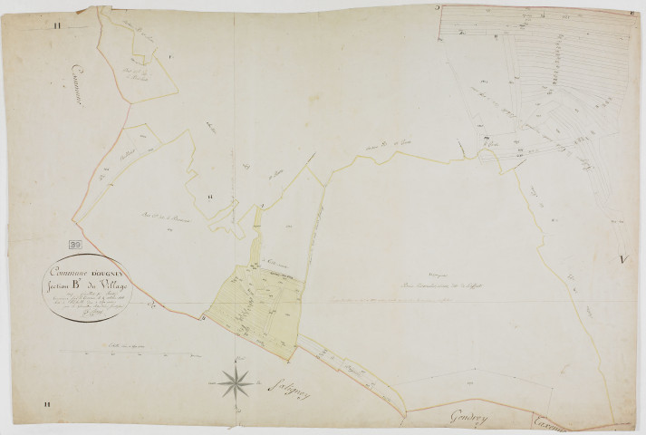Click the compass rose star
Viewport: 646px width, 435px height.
point(235,382)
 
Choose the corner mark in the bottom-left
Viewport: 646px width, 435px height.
point(56,404)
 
